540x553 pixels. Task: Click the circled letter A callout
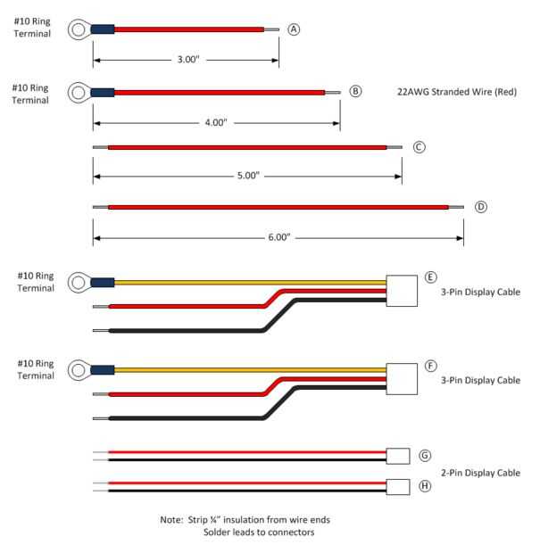(x=294, y=29)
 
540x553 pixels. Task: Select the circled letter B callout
(x=355, y=91)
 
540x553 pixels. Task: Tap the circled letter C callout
(x=420, y=147)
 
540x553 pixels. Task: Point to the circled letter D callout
(x=481, y=207)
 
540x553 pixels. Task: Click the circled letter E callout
(x=431, y=277)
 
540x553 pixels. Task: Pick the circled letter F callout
(x=431, y=366)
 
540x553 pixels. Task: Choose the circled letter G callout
(x=425, y=456)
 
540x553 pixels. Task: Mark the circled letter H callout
(x=425, y=486)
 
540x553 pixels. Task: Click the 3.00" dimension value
(x=187, y=60)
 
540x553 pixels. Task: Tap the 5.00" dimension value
(x=248, y=176)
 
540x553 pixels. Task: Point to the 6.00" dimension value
(x=278, y=237)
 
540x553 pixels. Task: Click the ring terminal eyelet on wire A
(x=79, y=30)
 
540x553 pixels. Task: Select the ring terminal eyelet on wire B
(x=79, y=92)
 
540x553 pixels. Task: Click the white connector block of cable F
(x=402, y=378)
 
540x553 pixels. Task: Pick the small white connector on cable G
(x=398, y=456)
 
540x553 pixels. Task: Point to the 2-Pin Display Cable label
(x=480, y=473)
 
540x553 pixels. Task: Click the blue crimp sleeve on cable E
(x=102, y=285)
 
